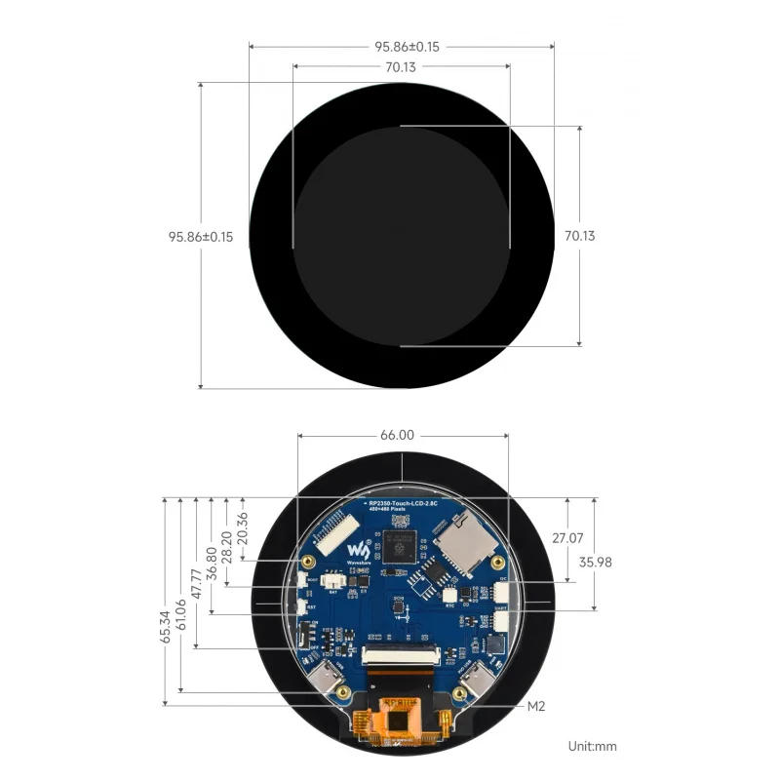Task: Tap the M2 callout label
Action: tap(536, 706)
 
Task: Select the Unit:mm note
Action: tap(593, 746)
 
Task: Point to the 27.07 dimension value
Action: tap(568, 538)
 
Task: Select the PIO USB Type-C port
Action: tap(478, 680)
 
